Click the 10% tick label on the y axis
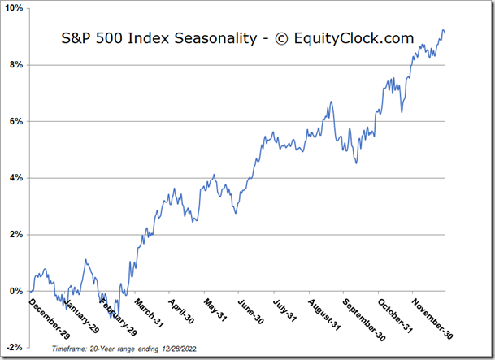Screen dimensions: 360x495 pos(14,8)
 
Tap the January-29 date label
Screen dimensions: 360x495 pos(80,314)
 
